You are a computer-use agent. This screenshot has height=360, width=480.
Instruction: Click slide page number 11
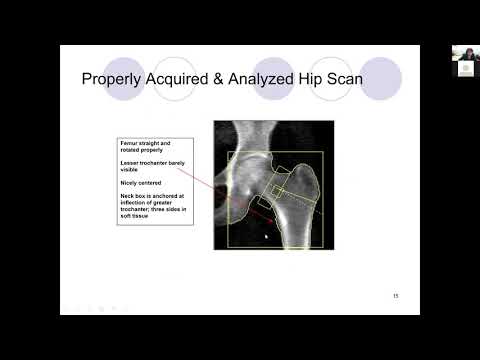[395, 297]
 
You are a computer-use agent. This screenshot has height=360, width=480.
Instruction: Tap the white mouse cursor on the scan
[265, 237]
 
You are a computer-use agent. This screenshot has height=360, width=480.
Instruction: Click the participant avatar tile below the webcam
[466, 69]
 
